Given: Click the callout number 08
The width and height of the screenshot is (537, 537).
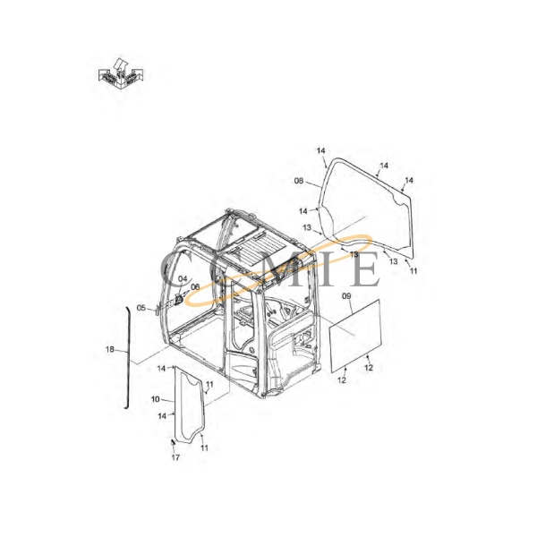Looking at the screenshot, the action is (299, 181).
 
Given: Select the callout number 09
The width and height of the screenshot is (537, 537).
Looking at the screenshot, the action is (346, 296).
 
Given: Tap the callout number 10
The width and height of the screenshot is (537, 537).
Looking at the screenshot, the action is (155, 399).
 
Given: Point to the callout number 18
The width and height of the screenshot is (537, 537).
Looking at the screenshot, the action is (109, 350).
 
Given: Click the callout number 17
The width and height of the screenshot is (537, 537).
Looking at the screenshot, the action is (175, 457).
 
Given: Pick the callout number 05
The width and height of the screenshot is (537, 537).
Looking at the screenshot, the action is (141, 308).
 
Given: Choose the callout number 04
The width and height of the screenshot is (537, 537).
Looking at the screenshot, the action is (183, 278).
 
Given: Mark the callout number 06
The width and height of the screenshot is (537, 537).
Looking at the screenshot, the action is (195, 287).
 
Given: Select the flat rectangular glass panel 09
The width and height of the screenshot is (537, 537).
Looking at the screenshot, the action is (354, 336).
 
